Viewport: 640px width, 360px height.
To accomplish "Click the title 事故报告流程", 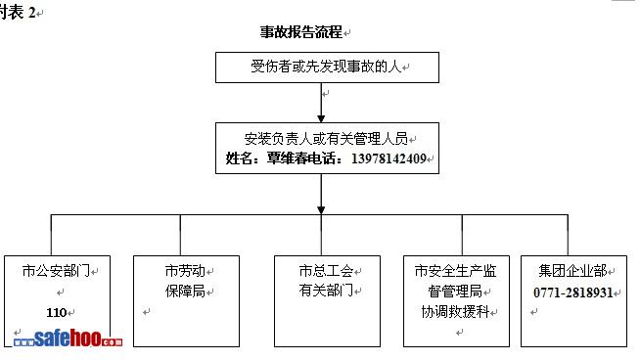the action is coord(301,32).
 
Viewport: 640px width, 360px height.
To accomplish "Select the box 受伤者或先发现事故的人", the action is coord(328,67).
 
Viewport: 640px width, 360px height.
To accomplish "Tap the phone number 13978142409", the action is coord(389,158).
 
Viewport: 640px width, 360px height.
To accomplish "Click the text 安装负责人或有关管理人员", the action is coord(326,139).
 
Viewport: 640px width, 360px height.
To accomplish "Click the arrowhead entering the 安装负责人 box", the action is coord(321,118).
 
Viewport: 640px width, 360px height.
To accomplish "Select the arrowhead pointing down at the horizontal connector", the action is coord(321,210).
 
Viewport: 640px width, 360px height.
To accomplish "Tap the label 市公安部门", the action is coord(57,271).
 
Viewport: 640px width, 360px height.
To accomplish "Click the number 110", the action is coord(57,313).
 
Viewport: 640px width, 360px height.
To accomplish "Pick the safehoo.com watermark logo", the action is coord(68,337).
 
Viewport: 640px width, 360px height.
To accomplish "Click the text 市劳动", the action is coord(185,271).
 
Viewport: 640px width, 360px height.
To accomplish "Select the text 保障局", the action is coord(185,291).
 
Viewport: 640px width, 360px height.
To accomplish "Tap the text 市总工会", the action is coord(326,271).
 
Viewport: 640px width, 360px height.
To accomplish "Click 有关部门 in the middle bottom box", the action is coord(326,291).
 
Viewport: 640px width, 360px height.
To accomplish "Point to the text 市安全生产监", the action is coord(455,271).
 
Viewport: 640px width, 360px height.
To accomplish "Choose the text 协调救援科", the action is coord(455,312).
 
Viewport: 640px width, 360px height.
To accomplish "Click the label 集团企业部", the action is coord(572,271).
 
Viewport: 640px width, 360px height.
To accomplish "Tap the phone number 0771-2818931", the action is coord(573,292).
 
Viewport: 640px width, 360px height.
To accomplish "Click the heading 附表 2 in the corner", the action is coord(18,13).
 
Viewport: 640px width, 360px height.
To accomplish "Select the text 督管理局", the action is coord(455,291).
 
